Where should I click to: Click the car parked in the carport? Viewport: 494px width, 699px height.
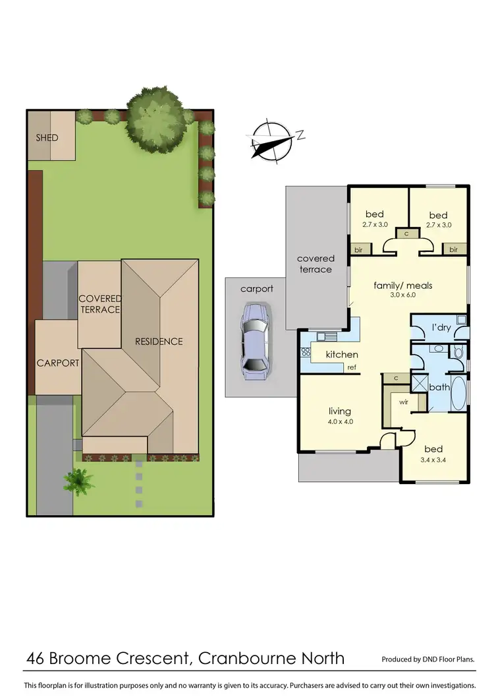[x=254, y=341]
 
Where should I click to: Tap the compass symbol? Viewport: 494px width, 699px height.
[x=272, y=140]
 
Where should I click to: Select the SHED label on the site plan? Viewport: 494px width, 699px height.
[x=47, y=138]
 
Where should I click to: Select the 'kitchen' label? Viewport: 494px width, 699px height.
[x=342, y=355]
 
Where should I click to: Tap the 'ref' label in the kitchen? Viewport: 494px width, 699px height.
[x=352, y=368]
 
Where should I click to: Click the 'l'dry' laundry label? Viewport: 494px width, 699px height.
[x=441, y=328]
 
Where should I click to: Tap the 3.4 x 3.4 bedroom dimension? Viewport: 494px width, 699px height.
[x=433, y=460]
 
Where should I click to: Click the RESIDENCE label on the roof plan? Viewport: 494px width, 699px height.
[x=159, y=341]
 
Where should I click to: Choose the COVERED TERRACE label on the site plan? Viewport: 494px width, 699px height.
[x=100, y=304]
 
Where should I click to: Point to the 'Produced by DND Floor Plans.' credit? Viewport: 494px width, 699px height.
[x=428, y=659]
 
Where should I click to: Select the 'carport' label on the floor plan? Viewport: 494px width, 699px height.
[x=256, y=289]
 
